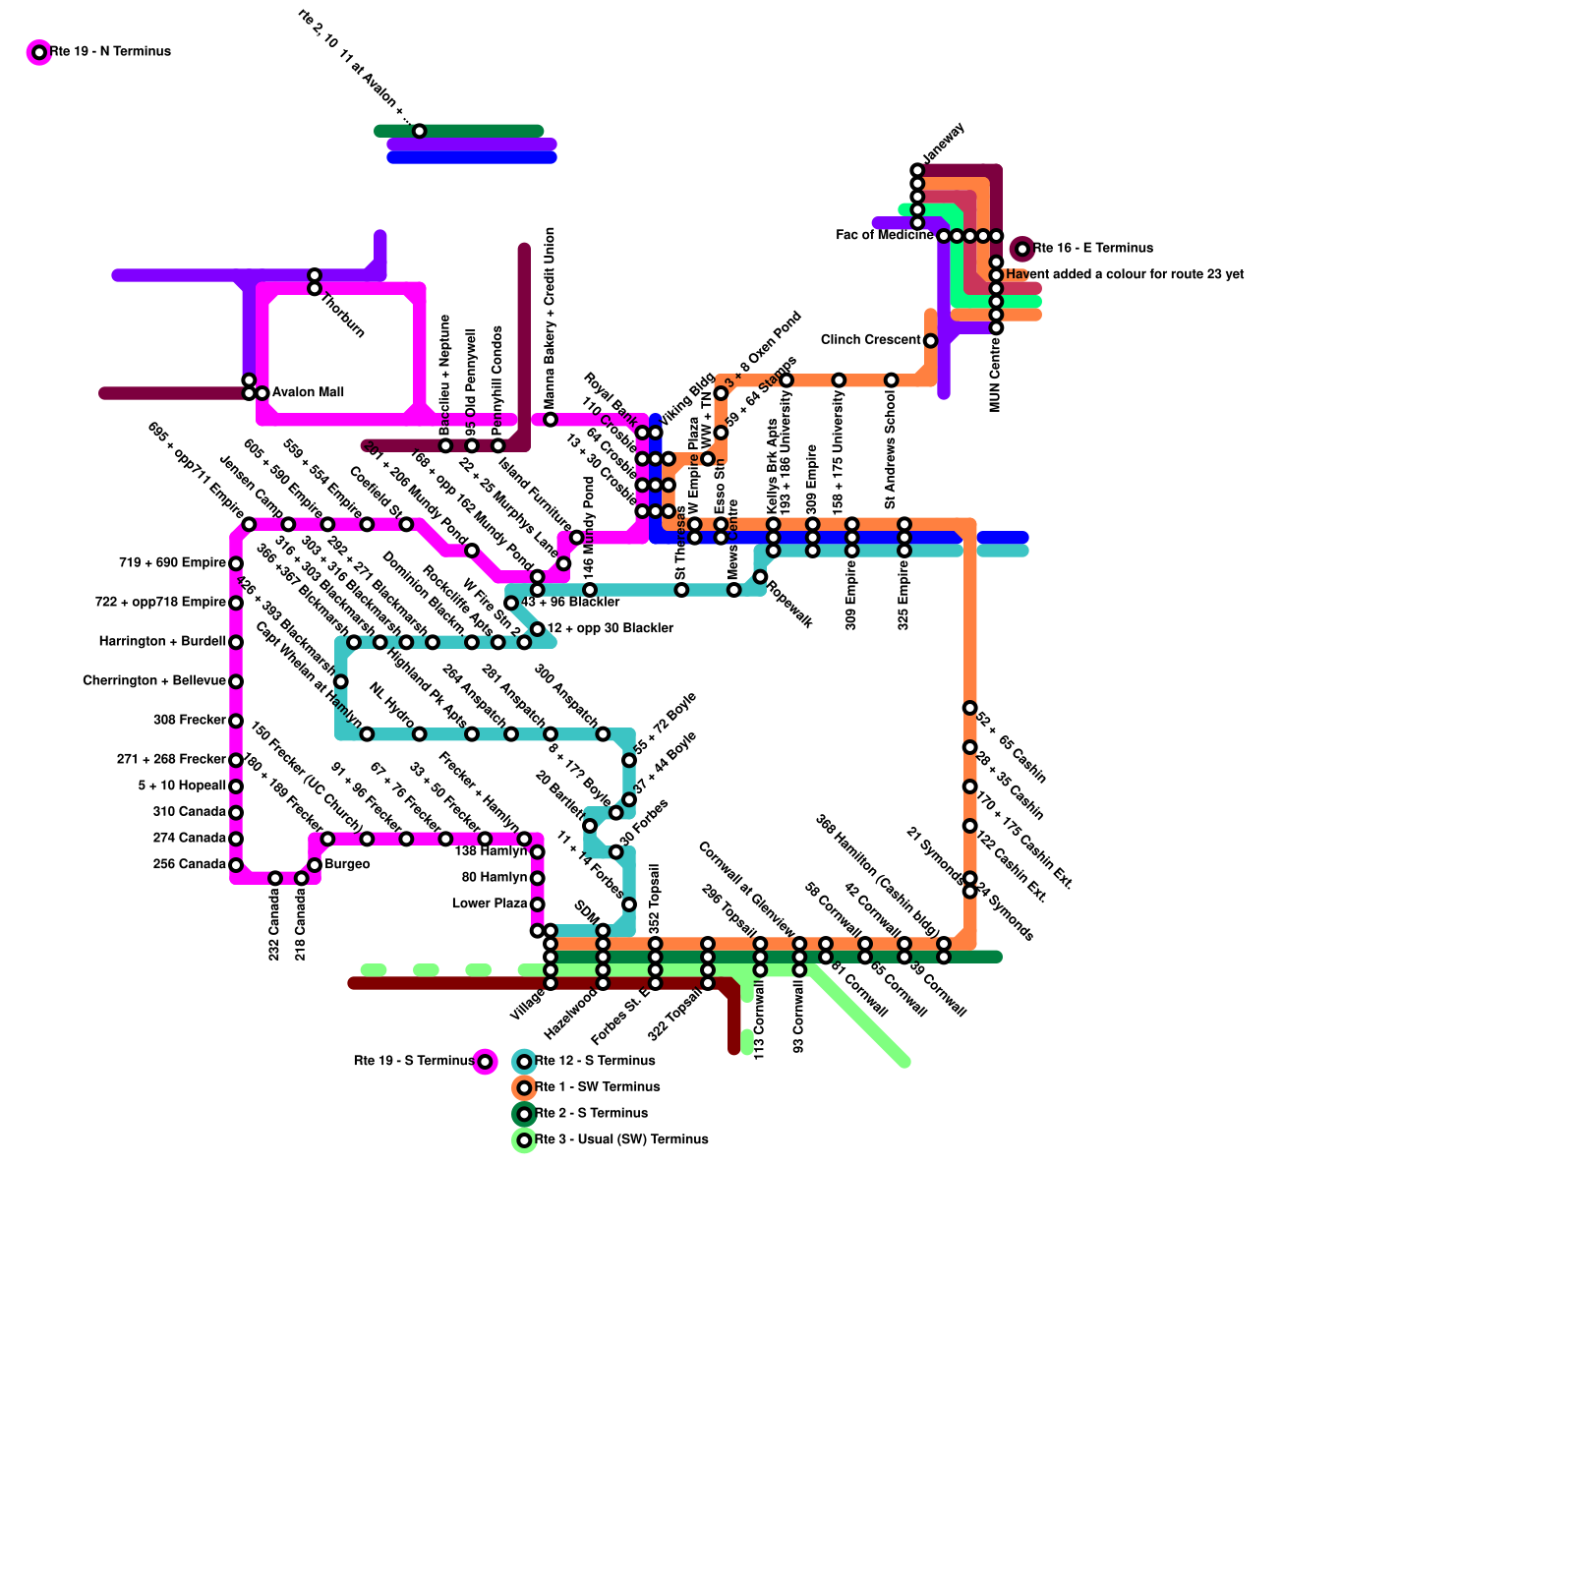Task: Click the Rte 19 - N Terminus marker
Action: pos(39,52)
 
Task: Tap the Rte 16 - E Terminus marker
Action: pos(1022,249)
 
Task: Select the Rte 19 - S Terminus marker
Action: pos(485,1062)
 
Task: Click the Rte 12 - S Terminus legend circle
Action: pos(524,1062)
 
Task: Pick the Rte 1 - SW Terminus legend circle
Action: pos(524,1087)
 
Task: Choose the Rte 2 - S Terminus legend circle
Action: pos(524,1114)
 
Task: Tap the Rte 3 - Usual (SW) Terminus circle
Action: pos(524,1140)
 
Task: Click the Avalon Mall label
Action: pos(308,392)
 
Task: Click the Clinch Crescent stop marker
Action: pos(930,341)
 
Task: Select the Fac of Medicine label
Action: pos(884,236)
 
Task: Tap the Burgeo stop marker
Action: pos(315,865)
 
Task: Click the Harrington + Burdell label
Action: pos(162,642)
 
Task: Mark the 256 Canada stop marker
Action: pos(236,865)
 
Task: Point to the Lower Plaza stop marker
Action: pos(537,904)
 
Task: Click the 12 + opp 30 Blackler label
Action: pos(610,628)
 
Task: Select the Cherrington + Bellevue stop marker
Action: pos(236,681)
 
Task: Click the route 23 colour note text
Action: pos(1125,274)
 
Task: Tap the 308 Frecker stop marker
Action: pos(236,721)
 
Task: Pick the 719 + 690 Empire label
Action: pos(172,563)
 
